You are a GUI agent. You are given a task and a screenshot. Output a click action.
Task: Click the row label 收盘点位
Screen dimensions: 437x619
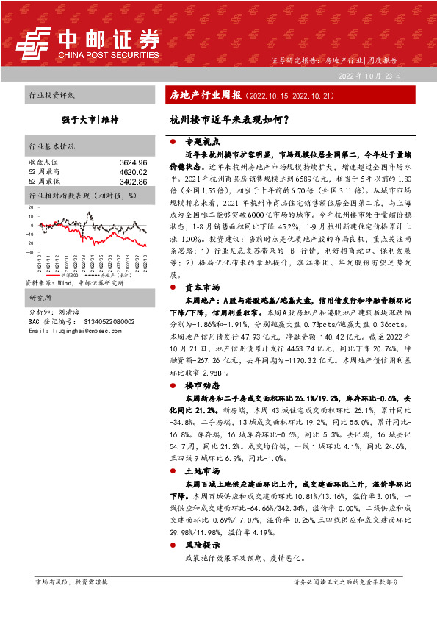click(43, 162)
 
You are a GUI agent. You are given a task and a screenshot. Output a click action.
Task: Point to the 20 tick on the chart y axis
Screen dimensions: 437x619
click(30, 208)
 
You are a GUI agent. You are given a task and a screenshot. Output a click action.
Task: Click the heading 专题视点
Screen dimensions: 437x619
click(201, 140)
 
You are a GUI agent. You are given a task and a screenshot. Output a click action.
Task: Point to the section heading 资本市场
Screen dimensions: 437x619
click(199, 289)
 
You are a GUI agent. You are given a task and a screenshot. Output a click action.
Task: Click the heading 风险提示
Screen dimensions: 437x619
click(199, 545)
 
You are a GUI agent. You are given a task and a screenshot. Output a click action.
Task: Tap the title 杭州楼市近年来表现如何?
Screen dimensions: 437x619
click(228, 118)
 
